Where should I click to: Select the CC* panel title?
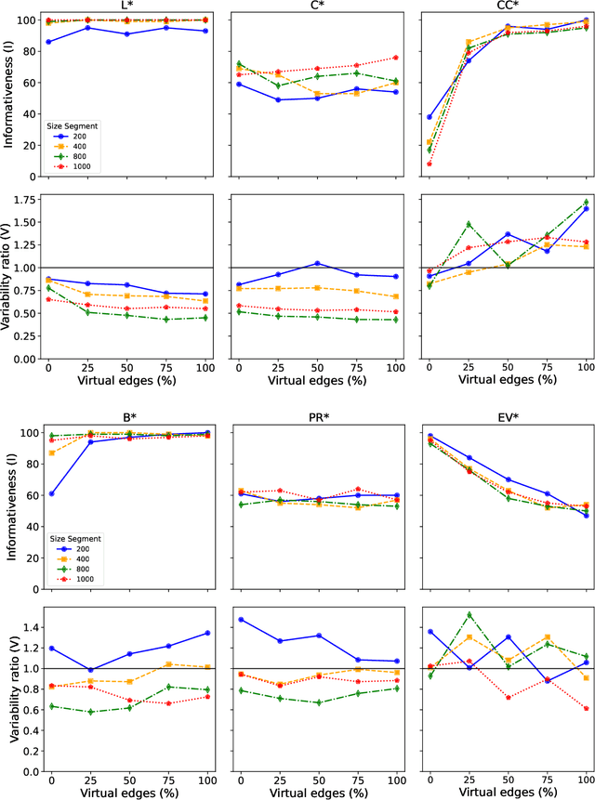(x=507, y=6)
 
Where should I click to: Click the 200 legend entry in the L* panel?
(x=83, y=135)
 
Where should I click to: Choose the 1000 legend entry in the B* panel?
(x=85, y=580)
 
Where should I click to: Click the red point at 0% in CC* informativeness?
(x=429, y=164)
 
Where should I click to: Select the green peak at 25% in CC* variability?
(x=468, y=224)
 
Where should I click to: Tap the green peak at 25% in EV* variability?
(x=468, y=615)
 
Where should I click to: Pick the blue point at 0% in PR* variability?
(x=241, y=620)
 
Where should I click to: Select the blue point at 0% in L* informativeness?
(x=48, y=42)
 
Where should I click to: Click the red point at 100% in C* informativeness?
(x=396, y=58)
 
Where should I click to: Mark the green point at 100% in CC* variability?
(x=586, y=202)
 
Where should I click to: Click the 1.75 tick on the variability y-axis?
(x=26, y=199)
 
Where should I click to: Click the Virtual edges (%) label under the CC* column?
(x=507, y=381)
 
